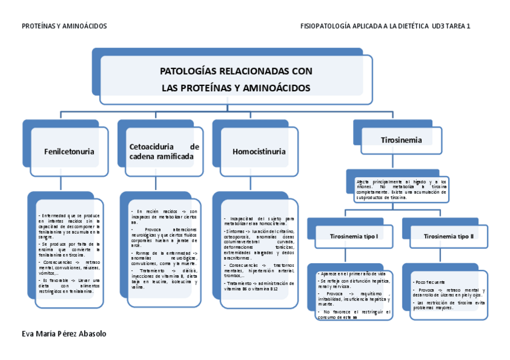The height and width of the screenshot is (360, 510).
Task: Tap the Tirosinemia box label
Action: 401,140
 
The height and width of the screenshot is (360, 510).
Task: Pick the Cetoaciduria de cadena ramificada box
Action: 164,151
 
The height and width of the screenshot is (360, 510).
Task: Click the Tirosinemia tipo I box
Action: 354,236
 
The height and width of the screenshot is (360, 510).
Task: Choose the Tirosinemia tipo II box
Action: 448,236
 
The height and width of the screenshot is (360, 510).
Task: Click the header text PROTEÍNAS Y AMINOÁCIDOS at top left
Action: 64,26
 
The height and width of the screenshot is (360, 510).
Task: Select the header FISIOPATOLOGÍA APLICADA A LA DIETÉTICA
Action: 364,26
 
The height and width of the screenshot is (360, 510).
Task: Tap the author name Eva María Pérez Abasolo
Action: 65,333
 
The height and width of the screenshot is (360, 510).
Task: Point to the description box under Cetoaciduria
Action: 164,249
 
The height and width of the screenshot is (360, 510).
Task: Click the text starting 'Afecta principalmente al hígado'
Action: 401,189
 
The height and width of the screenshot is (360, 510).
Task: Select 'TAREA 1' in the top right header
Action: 457,26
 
